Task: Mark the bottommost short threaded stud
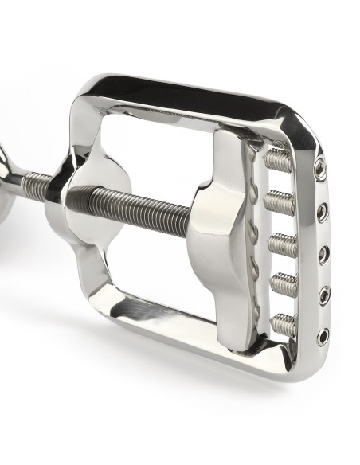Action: click(285, 322)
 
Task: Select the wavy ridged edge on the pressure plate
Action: click(254, 239)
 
